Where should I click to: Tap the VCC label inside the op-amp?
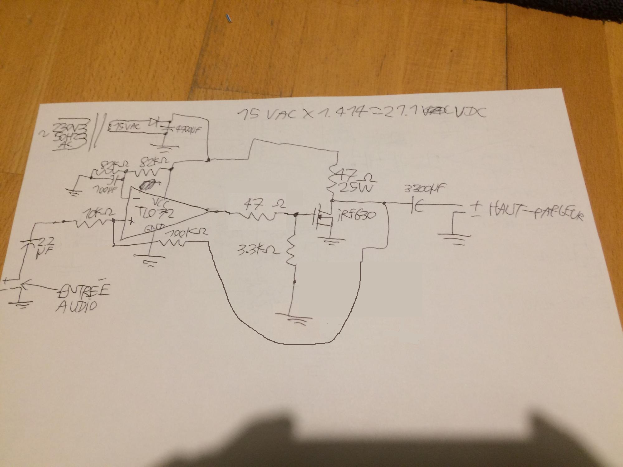161,203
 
